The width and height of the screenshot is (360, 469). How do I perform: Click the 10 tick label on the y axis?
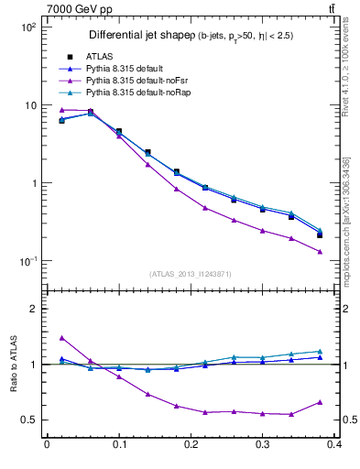(x=29, y=105)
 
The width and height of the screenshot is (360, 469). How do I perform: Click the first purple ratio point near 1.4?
(x=61, y=338)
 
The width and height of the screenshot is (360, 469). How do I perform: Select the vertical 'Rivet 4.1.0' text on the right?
(x=351, y=73)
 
